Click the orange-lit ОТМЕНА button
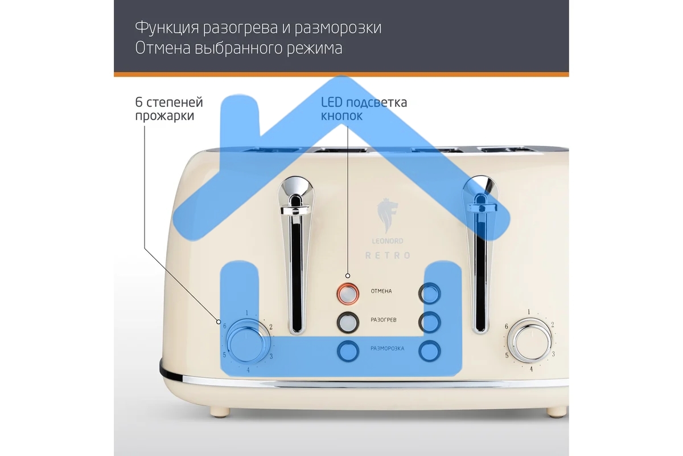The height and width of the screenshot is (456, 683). (x=348, y=294)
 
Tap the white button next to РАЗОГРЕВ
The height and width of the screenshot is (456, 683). (x=348, y=323)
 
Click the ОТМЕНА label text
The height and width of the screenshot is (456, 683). (x=381, y=291)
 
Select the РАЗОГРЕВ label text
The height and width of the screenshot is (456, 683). (x=383, y=320)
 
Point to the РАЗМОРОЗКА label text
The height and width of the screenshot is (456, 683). (x=387, y=348)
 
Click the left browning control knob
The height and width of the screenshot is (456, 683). (x=246, y=343)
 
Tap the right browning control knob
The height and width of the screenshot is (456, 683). (x=531, y=340)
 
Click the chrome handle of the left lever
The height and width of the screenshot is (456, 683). (x=295, y=210)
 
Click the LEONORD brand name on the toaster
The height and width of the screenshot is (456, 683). (x=387, y=241)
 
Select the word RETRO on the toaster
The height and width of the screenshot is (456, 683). (x=388, y=255)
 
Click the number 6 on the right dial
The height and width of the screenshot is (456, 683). (x=506, y=326)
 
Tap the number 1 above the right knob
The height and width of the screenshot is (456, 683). (x=529, y=312)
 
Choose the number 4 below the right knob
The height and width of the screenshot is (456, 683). (x=531, y=369)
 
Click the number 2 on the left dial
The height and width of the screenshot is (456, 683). (x=271, y=327)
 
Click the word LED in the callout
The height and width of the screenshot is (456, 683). (x=332, y=103)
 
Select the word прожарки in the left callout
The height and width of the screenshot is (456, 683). (x=164, y=116)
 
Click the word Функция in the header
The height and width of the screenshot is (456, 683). (x=167, y=27)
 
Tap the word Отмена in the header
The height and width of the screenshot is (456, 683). (x=163, y=48)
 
